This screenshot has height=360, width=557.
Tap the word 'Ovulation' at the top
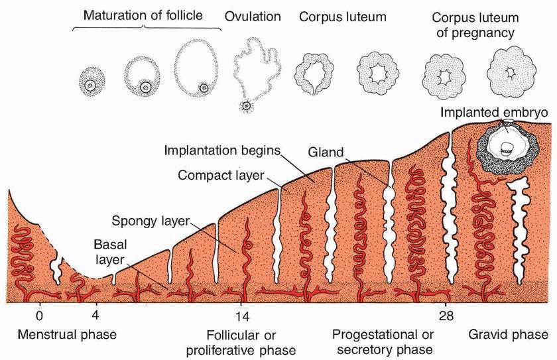(253, 16)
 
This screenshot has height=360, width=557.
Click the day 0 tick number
(40, 316)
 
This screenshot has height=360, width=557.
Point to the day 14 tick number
(241, 316)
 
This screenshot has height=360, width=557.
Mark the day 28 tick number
(446, 316)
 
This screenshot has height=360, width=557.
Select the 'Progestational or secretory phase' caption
(383, 341)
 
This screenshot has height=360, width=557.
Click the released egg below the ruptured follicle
(246, 105)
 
